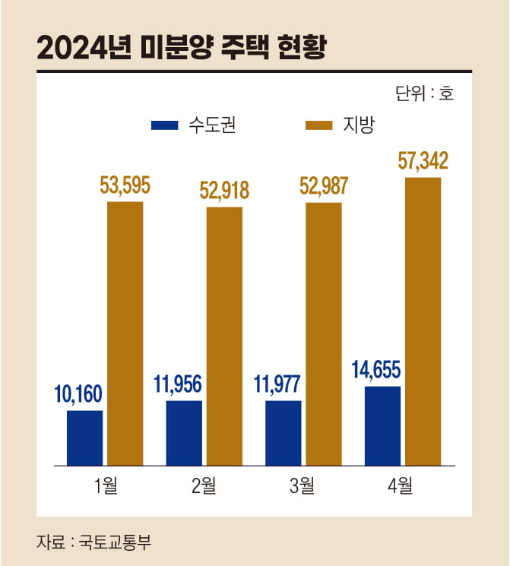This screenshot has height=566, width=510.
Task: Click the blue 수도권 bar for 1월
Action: pyautogui.click(x=84, y=438)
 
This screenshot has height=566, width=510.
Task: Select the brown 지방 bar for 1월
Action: pyautogui.click(x=125, y=333)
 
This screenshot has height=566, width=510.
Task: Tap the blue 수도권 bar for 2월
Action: pyautogui.click(x=184, y=432)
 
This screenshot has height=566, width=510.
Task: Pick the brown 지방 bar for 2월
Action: pyautogui.click(x=224, y=335)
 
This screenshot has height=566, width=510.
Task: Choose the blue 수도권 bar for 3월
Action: pyautogui.click(x=284, y=432)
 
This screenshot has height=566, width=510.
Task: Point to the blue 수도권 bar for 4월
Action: pyautogui.click(x=382, y=425)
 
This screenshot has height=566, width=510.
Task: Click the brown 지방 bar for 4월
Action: pyautogui.click(x=423, y=321)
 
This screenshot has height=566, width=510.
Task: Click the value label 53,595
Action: pyautogui.click(x=125, y=185)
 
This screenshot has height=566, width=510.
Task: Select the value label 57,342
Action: pyautogui.click(x=423, y=161)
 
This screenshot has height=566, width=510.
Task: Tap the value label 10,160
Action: pyautogui.click(x=78, y=394)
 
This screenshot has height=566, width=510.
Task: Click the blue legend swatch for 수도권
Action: pyautogui.click(x=165, y=125)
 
